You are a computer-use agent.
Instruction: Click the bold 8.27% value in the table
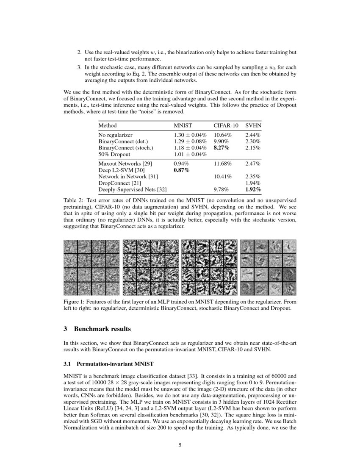coord(221,148)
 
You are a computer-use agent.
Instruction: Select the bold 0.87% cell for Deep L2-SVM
coord(181,170)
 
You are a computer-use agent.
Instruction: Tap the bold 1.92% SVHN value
coord(253,189)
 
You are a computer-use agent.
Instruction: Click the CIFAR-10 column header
coord(226,125)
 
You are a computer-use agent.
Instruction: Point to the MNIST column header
coord(183,125)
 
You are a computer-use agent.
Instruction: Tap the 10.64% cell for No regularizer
coord(222,135)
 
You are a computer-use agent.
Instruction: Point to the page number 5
coord(180,445)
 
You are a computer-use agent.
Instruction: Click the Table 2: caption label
coord(74,200)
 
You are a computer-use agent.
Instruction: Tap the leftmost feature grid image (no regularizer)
coord(91,267)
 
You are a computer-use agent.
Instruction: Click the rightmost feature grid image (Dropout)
coord(268,267)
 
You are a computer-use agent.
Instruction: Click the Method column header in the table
coord(108,125)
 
